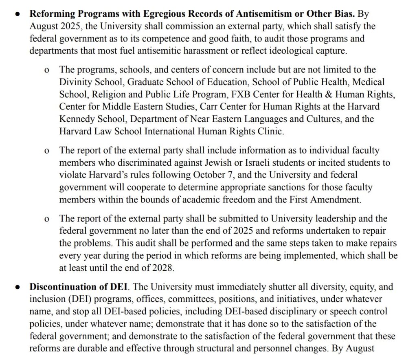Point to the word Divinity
tap(75, 82)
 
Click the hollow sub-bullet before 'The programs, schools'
tap(47, 70)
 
